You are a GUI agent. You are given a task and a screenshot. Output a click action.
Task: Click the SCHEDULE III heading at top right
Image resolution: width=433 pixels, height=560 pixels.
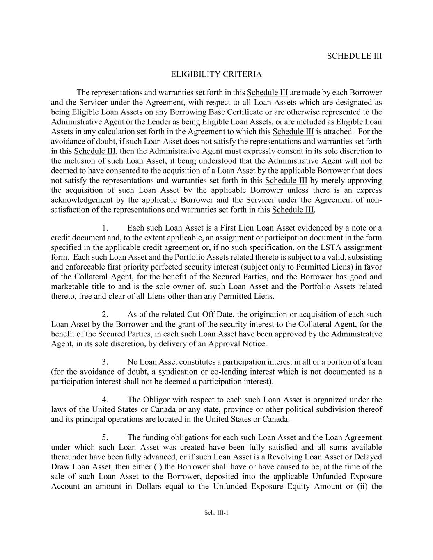pos(354,56)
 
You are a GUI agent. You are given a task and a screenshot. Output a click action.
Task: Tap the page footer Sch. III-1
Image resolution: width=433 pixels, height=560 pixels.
pos(216,512)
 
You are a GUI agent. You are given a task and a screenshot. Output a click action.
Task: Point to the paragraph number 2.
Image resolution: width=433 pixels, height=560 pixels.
pos(105,315)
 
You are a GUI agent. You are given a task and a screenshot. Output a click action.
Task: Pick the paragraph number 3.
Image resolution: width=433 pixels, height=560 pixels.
pos(105,362)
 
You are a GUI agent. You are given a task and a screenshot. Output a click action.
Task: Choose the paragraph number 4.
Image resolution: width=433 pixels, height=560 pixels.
pos(105,400)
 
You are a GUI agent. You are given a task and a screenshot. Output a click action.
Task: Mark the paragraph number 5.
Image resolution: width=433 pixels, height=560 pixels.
pos(105,438)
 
